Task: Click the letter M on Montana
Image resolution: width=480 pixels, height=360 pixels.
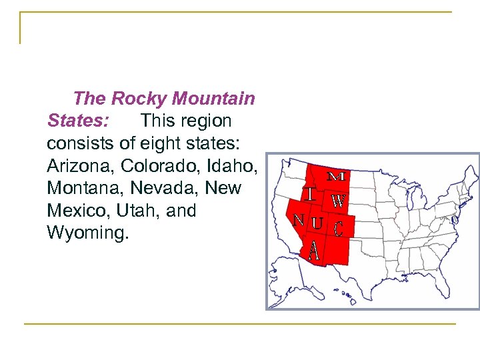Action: tap(337, 177)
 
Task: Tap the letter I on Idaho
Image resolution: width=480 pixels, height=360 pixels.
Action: tap(311, 194)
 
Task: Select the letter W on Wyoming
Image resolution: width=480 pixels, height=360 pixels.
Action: tap(339, 200)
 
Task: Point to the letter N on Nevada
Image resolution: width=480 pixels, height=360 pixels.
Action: tap(299, 220)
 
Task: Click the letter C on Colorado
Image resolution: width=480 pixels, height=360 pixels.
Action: tap(339, 229)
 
